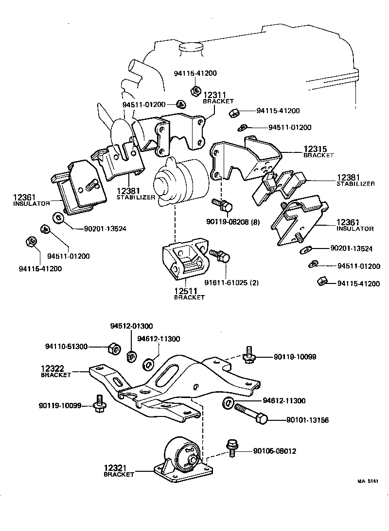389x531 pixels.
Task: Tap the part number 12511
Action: tap(186, 291)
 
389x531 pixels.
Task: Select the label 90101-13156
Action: tap(307, 420)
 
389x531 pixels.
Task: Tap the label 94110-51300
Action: tap(67, 347)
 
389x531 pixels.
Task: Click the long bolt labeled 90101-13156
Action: tap(251, 413)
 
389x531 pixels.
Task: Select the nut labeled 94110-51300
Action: tap(112, 348)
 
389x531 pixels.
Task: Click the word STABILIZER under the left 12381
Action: tap(136, 198)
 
